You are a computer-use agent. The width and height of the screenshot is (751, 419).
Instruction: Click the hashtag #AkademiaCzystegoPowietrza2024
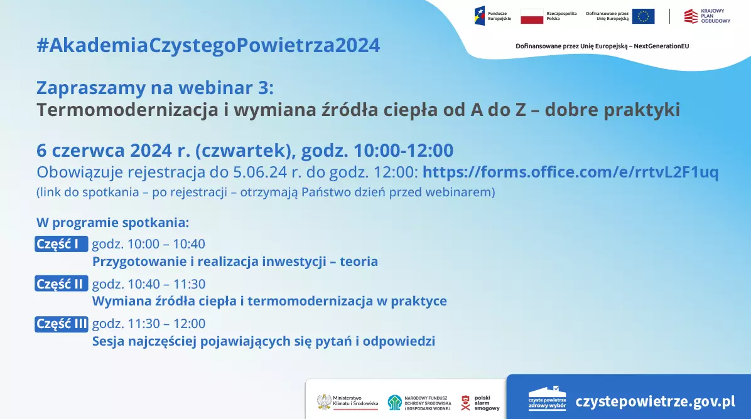(208, 45)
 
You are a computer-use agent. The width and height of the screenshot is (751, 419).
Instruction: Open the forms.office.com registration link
(570, 172)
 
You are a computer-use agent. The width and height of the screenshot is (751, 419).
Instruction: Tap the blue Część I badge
(62, 244)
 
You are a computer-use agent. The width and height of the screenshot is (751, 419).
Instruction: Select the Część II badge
(62, 284)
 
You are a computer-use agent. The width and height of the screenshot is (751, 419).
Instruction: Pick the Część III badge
(62, 324)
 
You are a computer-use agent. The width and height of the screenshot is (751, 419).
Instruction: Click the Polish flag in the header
(532, 16)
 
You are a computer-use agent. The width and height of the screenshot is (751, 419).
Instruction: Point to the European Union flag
(643, 16)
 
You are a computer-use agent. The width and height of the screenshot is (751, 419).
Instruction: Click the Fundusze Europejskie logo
(492, 16)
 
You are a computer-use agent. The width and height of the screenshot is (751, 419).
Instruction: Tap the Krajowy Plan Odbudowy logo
(708, 16)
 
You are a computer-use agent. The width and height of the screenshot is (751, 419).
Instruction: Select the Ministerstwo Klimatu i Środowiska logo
(348, 402)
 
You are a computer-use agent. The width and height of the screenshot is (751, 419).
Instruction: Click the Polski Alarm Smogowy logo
(480, 403)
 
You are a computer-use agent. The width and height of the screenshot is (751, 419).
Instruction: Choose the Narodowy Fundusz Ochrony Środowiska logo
(419, 403)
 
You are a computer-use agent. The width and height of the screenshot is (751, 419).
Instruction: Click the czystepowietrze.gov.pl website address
(655, 401)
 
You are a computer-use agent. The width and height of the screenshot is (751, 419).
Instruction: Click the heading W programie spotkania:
(112, 223)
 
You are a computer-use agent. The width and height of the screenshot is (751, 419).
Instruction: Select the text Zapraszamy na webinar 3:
(155, 88)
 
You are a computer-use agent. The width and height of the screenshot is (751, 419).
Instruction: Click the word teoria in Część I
(359, 262)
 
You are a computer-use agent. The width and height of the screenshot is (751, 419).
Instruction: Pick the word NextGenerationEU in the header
(661, 46)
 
